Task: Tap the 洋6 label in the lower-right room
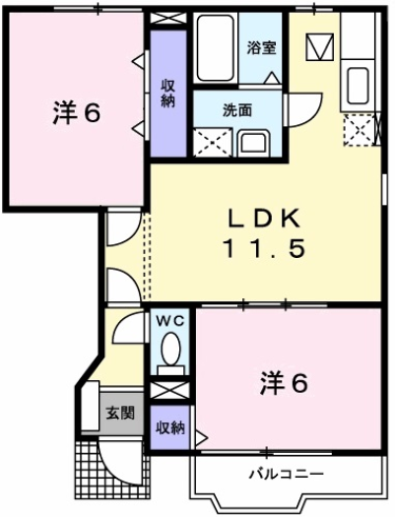pyautogui.click(x=285, y=381)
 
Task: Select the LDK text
pyautogui.click(x=263, y=218)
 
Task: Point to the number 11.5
pyautogui.click(x=262, y=248)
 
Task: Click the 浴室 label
pyautogui.click(x=260, y=47)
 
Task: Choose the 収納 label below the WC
pyautogui.click(x=169, y=427)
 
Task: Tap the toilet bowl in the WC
pyautogui.click(x=171, y=350)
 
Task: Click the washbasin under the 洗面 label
pyautogui.click(x=254, y=141)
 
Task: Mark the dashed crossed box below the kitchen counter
pyautogui.click(x=359, y=129)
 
